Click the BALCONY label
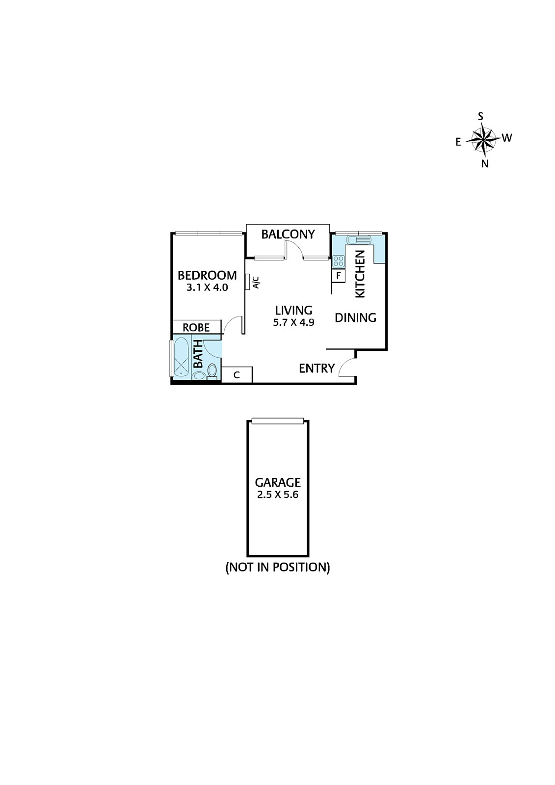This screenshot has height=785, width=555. tap(288, 235)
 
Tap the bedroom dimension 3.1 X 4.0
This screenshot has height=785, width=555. tap(207, 288)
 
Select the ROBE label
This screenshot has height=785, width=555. tap(196, 327)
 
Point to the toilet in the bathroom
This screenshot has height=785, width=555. tap(212, 370)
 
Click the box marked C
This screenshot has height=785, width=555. tap(237, 375)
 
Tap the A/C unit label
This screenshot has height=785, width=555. tap(255, 283)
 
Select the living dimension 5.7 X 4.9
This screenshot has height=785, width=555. tap(293, 322)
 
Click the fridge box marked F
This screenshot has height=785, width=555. tap(338, 276)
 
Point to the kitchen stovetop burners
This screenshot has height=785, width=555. tap(338, 261)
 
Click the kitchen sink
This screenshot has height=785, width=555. tap(358, 240)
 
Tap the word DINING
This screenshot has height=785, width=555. tap(355, 318)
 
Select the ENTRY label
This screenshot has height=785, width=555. tap(317, 368)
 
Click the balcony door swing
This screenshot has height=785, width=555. tap(293, 248)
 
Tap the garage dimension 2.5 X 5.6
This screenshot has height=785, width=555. tap(277, 495)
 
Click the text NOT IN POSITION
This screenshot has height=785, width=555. tap(277, 568)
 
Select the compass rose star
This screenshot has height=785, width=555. tap(483, 139)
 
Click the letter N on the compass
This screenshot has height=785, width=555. tap(484, 164)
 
